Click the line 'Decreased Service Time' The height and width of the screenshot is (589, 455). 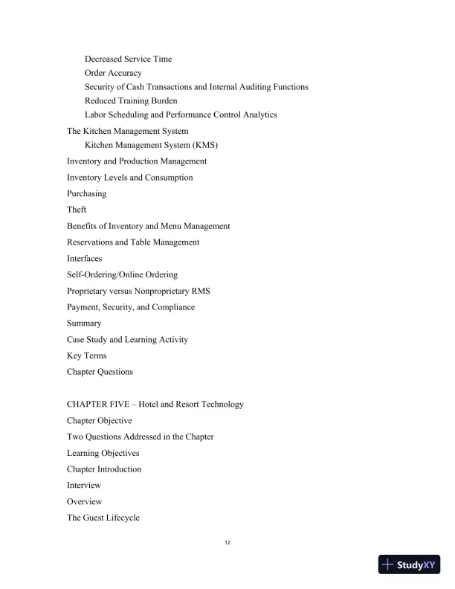pos(128,59)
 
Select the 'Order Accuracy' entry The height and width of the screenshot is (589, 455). pos(113,73)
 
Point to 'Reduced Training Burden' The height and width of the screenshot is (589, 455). pos(131,100)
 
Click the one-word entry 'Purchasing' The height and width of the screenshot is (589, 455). pos(86,193)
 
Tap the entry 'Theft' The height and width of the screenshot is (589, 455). pos(77,210)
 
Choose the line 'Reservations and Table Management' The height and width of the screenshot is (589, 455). pos(133,242)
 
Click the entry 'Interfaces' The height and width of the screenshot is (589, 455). pos(85,258)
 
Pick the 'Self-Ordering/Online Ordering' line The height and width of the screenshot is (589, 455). pos(122,274)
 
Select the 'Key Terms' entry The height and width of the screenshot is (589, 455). pos(86,355)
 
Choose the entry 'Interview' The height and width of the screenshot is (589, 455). pos(84,486)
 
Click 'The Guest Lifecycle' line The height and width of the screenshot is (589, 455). pos(103,518)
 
